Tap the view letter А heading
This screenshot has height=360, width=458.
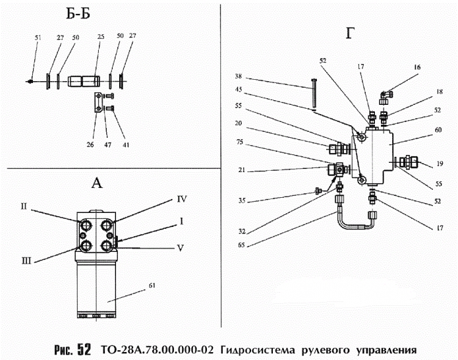96,184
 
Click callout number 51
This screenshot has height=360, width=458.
38,39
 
